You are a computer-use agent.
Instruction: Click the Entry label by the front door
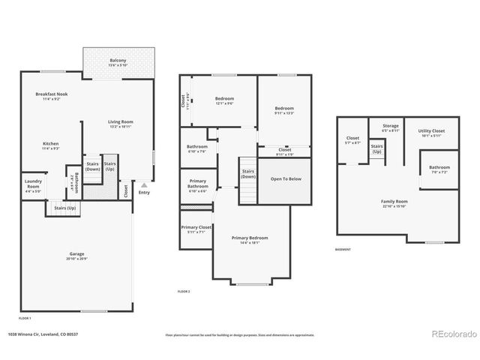coord(143,193)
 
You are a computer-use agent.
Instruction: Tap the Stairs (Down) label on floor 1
coord(93,166)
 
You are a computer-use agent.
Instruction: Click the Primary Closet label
coord(196,229)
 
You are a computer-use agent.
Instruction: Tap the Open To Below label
coord(286,179)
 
